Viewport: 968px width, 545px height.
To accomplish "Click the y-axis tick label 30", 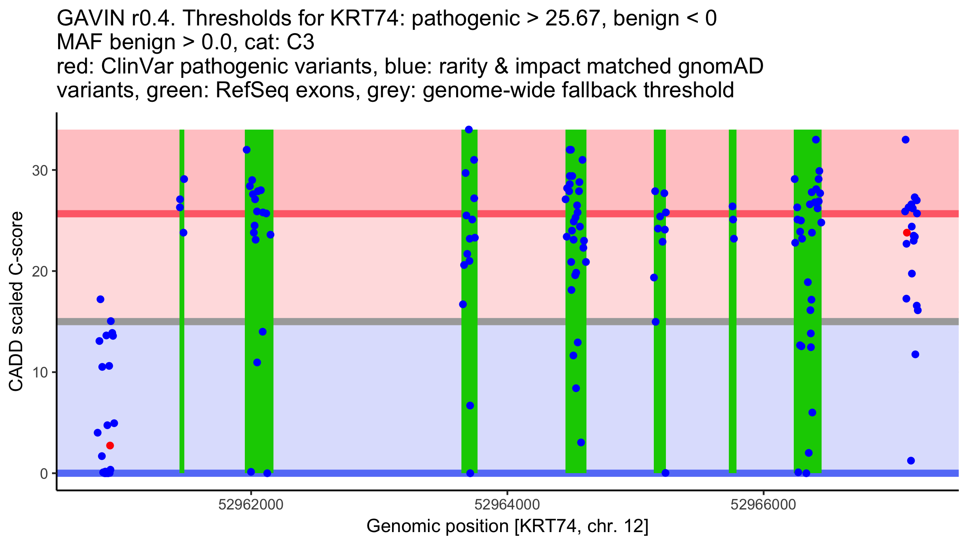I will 40,170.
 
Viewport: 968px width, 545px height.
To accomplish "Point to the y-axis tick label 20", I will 40,271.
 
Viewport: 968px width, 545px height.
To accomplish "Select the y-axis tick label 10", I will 40,372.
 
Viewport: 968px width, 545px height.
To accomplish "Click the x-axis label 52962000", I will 251,505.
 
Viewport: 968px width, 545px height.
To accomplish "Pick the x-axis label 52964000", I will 507,505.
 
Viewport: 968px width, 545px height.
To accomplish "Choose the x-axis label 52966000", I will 763,505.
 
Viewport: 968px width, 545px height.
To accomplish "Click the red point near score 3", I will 110,446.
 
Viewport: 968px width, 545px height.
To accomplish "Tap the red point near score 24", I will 907,233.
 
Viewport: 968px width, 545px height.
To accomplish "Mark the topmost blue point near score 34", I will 469,130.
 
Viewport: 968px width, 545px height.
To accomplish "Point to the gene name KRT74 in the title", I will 368,19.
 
